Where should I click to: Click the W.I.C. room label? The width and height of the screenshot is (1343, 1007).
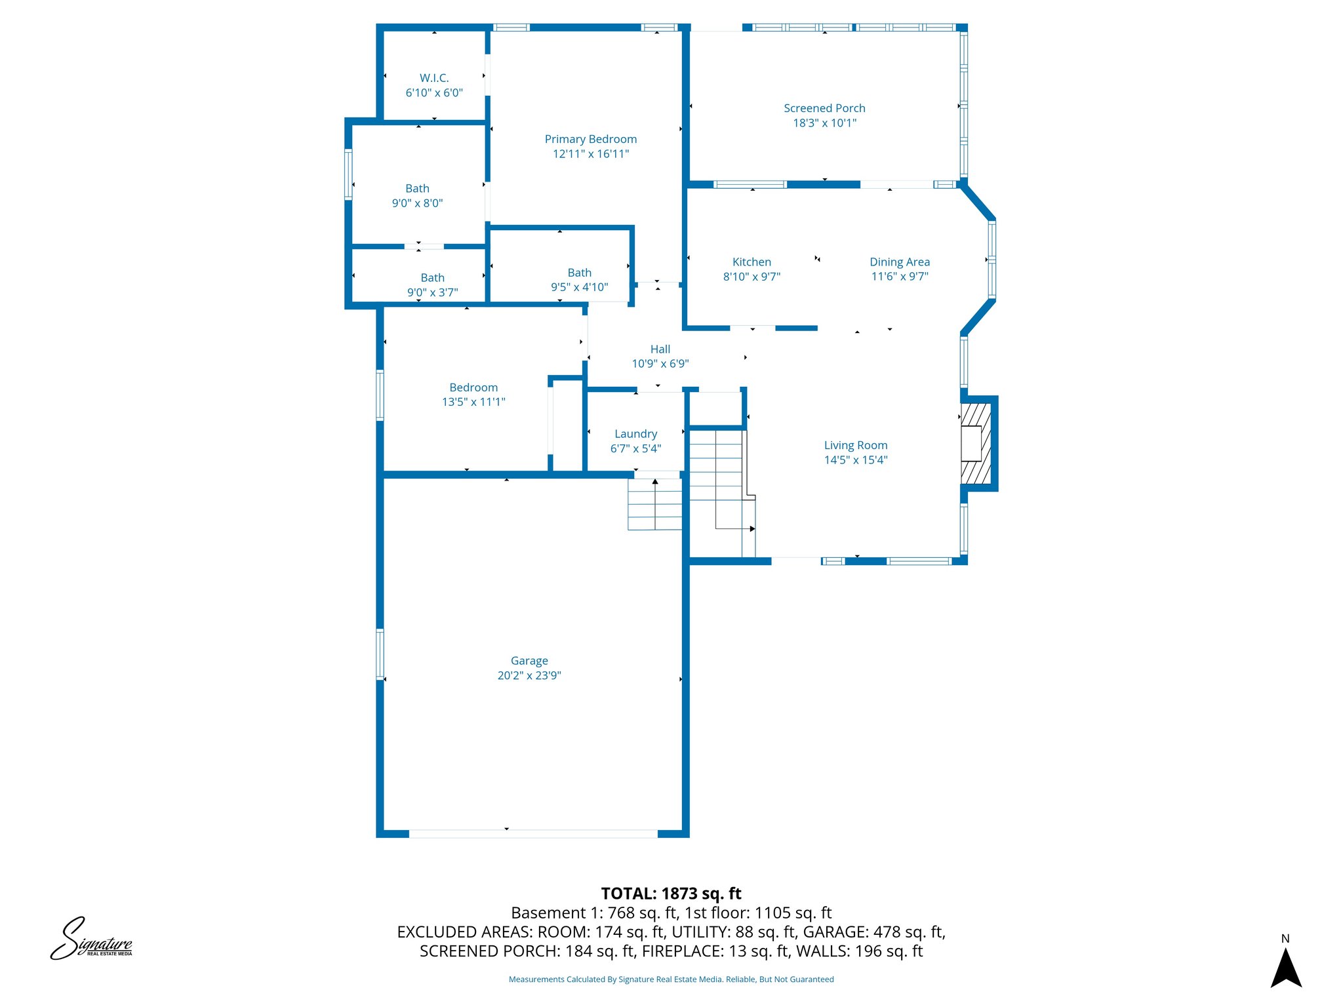434,78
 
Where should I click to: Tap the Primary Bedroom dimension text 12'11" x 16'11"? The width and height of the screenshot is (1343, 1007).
590,154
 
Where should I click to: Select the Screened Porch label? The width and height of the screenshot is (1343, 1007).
824,108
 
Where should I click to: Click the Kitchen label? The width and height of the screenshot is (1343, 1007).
752,262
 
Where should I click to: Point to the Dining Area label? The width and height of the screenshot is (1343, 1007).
899,262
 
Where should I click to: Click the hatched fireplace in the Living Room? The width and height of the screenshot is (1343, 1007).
975,443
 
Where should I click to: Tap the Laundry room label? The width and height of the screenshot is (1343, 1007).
635,434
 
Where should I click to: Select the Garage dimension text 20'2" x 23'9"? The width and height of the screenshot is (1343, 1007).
529,676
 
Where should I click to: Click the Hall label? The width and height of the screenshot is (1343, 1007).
660,349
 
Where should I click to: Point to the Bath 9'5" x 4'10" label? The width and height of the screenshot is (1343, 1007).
579,273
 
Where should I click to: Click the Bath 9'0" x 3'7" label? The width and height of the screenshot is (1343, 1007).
432,278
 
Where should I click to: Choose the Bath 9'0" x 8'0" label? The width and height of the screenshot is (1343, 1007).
417,189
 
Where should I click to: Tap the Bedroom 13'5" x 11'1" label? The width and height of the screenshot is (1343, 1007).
473,387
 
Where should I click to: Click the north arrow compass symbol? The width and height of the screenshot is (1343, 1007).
1285,966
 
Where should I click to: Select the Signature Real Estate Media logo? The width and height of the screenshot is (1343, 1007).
91,939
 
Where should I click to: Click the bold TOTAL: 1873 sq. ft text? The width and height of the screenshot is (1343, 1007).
671,894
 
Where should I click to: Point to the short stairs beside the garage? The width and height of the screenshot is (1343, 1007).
654,504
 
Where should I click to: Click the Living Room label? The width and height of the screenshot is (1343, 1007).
855,446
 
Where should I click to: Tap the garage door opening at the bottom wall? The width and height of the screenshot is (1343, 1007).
533,834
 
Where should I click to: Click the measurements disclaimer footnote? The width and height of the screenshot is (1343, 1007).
671,979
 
